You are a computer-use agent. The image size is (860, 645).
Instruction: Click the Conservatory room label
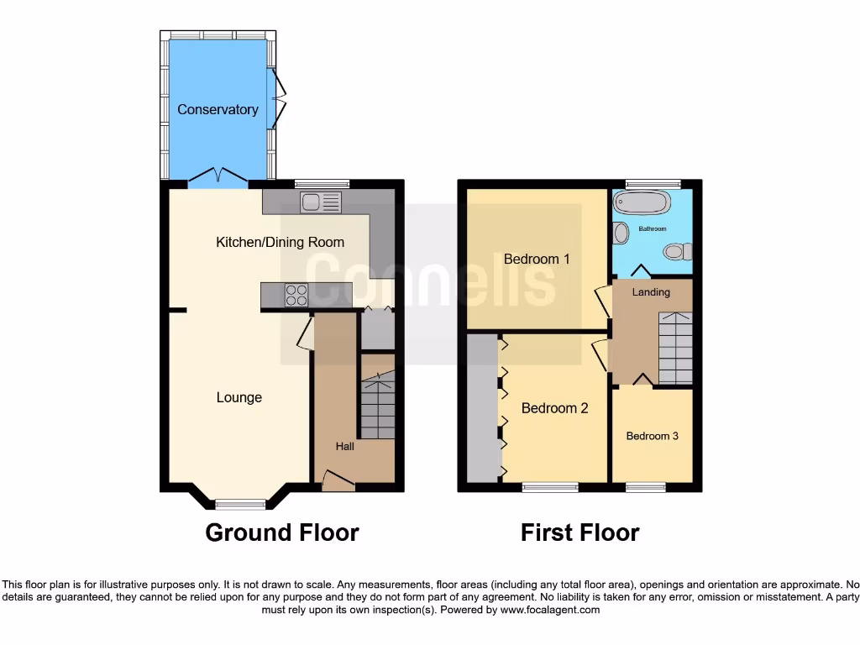218,110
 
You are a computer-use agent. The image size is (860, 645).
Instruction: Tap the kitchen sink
322,202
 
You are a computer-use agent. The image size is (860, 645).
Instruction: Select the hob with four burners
296,295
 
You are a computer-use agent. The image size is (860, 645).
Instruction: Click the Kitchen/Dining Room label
280,243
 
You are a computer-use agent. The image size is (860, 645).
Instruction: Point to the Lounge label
239,397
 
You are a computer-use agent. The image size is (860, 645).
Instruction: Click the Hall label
344,446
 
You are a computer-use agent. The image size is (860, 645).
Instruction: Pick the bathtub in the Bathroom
642,203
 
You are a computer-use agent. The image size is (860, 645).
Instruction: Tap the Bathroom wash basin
621,233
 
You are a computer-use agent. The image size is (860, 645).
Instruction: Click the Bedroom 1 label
537,259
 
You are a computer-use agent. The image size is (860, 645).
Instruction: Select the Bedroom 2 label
554,408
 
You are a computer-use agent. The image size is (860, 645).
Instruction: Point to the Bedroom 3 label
653,436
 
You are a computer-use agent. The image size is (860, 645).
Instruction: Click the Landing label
651,292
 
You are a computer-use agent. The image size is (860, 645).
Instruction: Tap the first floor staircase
674,347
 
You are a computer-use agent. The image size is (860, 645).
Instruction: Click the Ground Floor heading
282,532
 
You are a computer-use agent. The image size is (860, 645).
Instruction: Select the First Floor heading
579,532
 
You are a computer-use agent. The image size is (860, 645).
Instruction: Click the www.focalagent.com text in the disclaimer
550,610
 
